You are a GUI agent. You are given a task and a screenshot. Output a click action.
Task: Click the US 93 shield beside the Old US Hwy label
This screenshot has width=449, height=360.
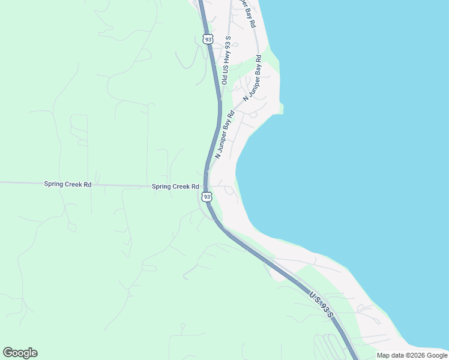(208, 39)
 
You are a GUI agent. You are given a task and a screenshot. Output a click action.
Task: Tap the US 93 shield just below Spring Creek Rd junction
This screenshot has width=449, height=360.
(206, 197)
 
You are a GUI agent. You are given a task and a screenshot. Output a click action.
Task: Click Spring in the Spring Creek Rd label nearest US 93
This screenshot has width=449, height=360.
(162, 187)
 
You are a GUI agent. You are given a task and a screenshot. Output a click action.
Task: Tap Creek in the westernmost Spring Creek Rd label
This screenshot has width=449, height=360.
(74, 185)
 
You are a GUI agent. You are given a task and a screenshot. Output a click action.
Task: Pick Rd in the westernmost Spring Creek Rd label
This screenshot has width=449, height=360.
(88, 185)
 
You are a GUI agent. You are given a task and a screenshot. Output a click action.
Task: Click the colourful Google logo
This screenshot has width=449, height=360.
(20, 353)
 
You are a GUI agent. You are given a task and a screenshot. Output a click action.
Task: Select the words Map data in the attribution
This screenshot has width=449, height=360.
(391, 355)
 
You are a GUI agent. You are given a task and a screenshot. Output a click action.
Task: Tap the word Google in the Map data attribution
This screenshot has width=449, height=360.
(437, 355)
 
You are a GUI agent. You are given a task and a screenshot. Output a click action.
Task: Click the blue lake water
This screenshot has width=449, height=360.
(360, 150)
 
